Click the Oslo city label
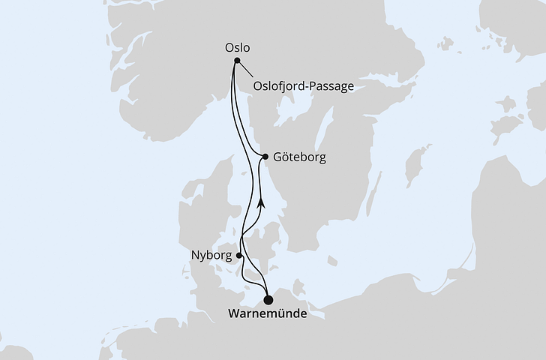[x=237, y=47]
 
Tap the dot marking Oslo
[x=237, y=61]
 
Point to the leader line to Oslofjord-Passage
[x=244, y=70]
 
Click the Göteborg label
[x=299, y=158]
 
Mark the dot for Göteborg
[x=266, y=156]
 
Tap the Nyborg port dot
[x=239, y=255]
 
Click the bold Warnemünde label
[x=267, y=315]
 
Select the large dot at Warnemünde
[x=268, y=300]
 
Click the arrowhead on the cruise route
[x=261, y=202]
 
